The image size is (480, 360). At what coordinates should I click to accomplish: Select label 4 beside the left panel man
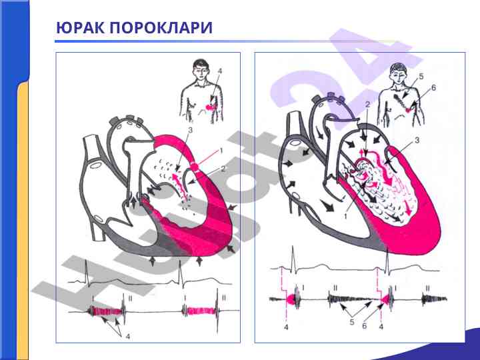tap(219, 71)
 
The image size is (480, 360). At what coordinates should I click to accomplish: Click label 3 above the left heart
tap(190, 130)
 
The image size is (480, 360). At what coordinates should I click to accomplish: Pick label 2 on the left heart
tap(223, 169)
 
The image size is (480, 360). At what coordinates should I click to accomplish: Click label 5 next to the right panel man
tap(421, 77)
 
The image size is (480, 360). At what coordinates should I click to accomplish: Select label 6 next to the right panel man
tap(433, 88)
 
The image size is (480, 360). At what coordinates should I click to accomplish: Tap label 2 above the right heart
tap(367, 105)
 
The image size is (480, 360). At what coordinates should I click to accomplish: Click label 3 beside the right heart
tap(417, 141)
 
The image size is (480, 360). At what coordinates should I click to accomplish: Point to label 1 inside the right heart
tap(345, 217)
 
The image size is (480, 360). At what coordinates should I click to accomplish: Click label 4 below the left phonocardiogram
tap(128, 336)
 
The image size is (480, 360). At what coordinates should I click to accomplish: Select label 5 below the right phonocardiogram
tap(352, 322)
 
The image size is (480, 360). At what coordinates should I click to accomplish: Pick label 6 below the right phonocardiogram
tap(364, 326)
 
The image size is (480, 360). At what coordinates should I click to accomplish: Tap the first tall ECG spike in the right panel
tap(293, 258)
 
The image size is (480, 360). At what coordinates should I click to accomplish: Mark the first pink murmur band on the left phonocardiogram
tap(107, 311)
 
